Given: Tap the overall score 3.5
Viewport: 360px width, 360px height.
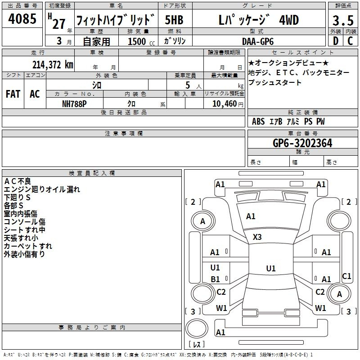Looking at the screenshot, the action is (x=342, y=21).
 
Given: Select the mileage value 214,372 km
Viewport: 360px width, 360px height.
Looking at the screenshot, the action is (x=52, y=64).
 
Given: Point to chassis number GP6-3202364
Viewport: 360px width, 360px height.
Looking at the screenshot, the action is (x=302, y=143).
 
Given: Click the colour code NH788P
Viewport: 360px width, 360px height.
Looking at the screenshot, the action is (x=75, y=103).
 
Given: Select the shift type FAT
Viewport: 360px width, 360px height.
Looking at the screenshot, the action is (x=13, y=94).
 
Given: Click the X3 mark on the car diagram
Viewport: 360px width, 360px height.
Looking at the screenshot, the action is (x=257, y=237).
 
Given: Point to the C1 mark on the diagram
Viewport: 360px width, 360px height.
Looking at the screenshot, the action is (x=346, y=276).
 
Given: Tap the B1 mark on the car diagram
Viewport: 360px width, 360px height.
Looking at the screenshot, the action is (x=215, y=279).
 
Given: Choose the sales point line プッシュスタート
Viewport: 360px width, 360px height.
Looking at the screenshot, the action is (x=274, y=83).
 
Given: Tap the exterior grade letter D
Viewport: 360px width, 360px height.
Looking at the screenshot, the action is (x=335, y=41).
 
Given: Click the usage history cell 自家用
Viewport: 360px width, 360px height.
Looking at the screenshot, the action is (x=96, y=41).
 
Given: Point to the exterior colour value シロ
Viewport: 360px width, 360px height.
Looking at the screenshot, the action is (x=97, y=84).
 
